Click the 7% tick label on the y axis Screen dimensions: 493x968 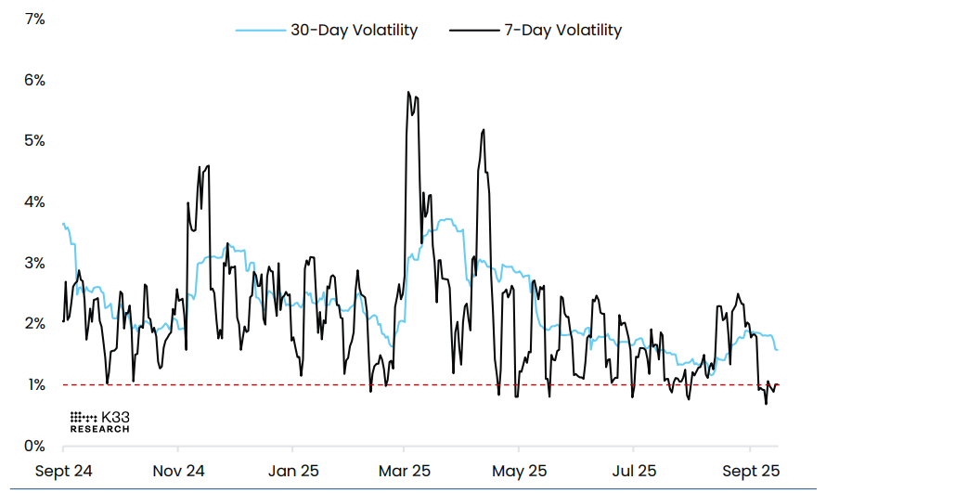(34, 19)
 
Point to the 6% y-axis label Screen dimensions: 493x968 (34, 80)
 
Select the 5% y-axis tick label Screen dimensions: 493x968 (34, 141)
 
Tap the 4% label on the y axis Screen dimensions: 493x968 (34, 202)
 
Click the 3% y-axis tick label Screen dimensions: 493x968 (34, 264)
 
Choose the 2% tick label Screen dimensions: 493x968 (34, 324)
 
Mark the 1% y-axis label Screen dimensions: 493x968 (34, 385)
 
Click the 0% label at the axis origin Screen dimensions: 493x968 (34, 447)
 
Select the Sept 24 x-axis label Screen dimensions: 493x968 (63, 471)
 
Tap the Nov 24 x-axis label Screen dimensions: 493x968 (178, 471)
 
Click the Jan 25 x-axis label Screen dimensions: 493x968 (293, 471)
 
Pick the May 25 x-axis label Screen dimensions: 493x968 (521, 471)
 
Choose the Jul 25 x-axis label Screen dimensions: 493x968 (635, 471)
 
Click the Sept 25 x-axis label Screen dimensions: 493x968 (751, 471)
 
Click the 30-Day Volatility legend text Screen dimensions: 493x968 (355, 31)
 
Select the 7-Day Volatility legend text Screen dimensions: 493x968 (562, 31)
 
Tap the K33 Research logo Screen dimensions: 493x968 (100, 422)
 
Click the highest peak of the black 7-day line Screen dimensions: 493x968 (408, 93)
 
